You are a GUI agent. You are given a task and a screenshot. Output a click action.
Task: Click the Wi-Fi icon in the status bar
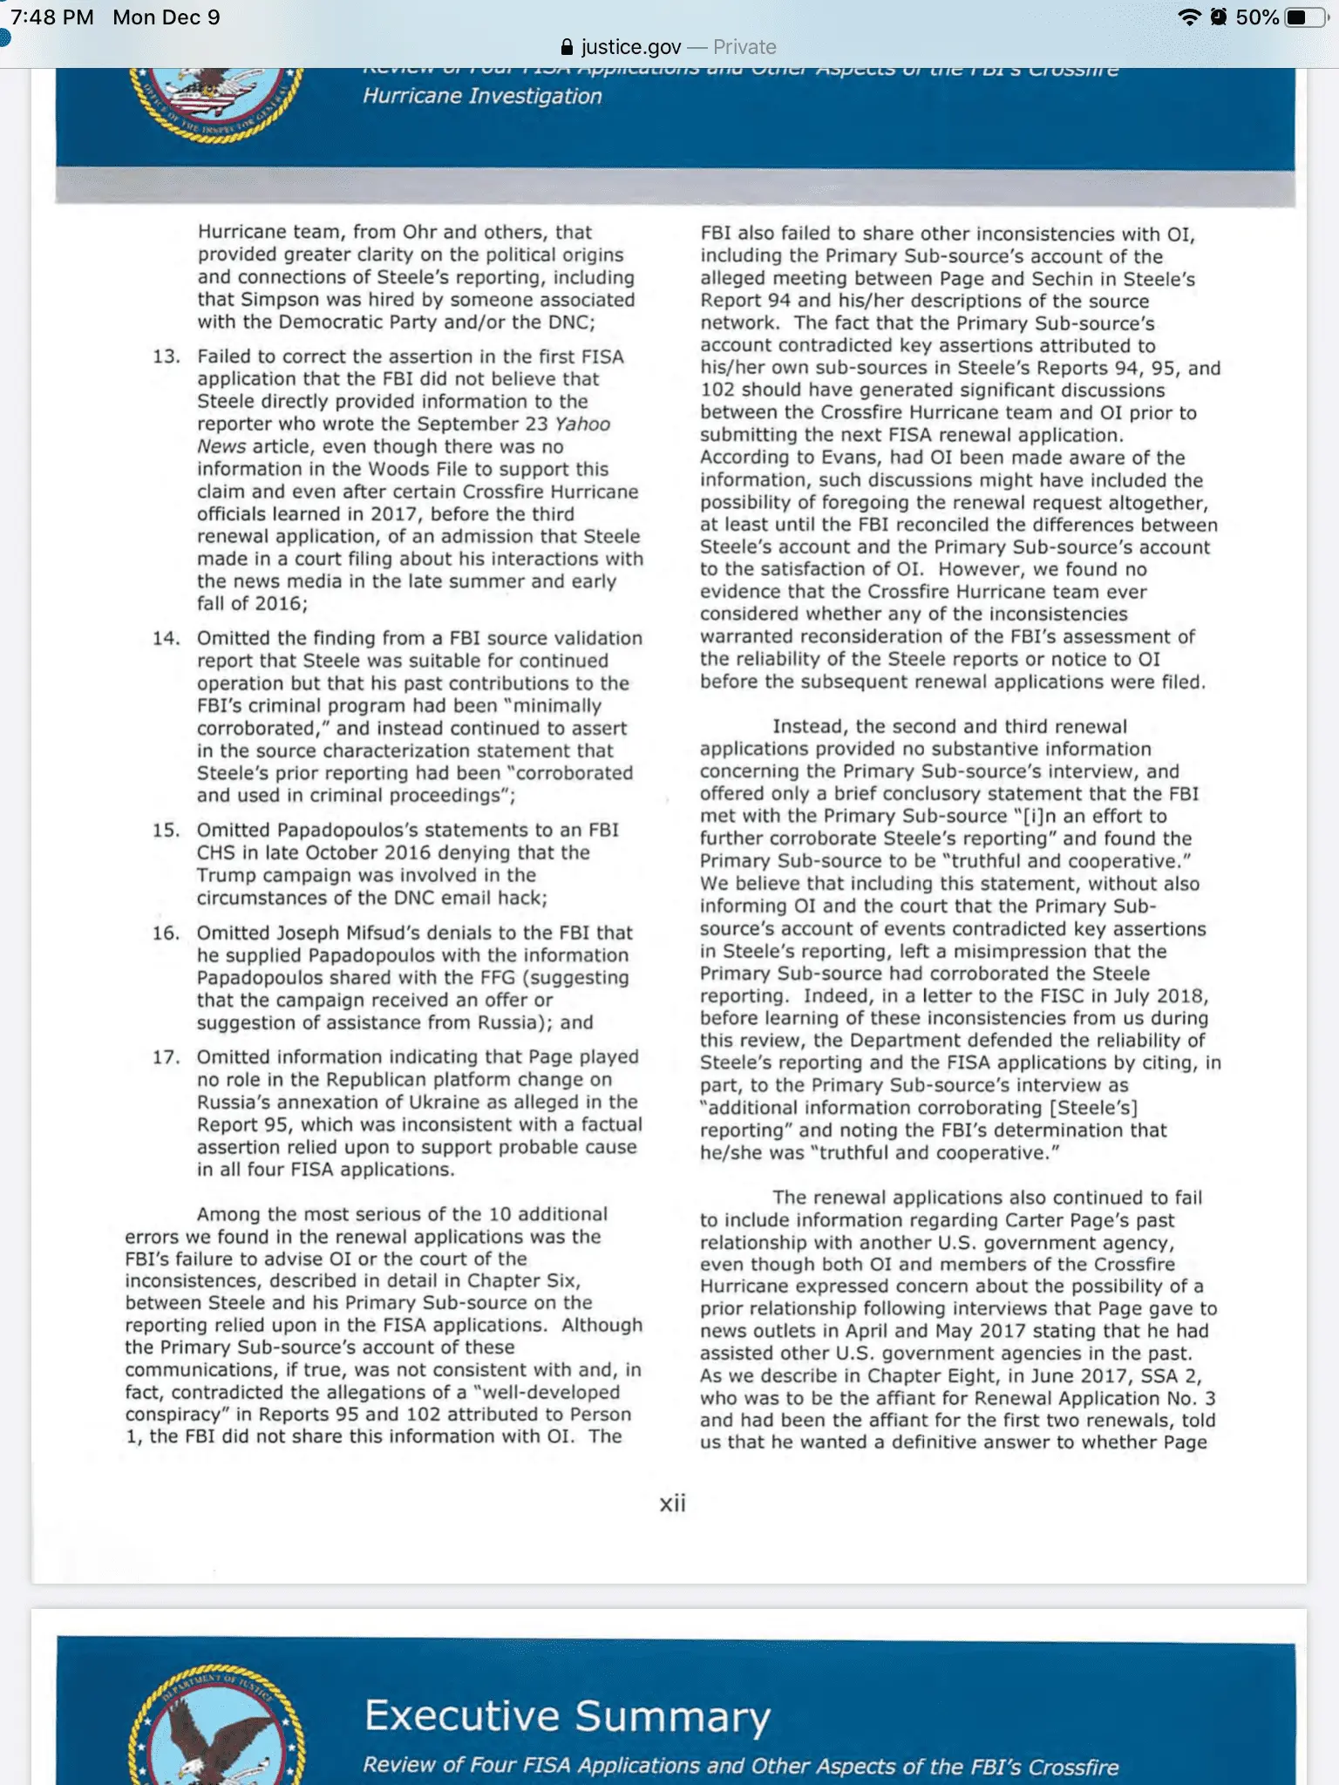click(x=1188, y=17)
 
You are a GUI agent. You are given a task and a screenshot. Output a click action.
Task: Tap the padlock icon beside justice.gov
click(x=567, y=47)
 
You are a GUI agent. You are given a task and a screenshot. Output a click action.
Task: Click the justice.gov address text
click(x=631, y=47)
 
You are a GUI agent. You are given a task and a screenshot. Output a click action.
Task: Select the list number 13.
click(x=166, y=356)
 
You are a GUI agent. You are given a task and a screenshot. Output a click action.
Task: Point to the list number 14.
click(x=166, y=639)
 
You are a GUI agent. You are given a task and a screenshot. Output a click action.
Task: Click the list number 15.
click(x=166, y=831)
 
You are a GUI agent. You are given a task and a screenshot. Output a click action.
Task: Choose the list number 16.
click(x=166, y=933)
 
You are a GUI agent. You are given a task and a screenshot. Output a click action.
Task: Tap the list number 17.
click(x=166, y=1058)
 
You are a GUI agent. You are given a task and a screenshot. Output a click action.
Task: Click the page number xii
click(x=672, y=1503)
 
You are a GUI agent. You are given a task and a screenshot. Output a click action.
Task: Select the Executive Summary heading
click(x=568, y=1715)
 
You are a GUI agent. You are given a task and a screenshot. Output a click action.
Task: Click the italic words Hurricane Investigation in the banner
click(x=482, y=96)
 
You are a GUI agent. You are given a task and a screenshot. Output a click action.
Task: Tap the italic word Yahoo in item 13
click(x=582, y=424)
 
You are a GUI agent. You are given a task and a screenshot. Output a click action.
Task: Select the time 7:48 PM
click(x=52, y=17)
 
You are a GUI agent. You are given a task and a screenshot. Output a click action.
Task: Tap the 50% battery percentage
click(x=1257, y=17)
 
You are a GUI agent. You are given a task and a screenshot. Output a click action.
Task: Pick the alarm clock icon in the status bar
click(x=1219, y=17)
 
